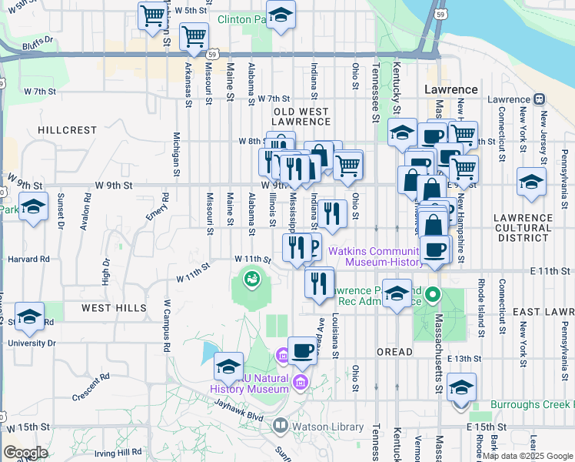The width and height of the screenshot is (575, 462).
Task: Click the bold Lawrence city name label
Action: click(x=451, y=89)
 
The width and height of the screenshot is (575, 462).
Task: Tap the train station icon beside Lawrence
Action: click(x=539, y=99)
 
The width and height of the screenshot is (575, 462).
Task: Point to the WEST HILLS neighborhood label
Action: click(x=115, y=308)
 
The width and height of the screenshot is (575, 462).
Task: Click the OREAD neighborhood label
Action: click(x=395, y=352)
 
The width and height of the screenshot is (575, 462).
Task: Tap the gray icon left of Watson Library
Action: click(x=281, y=425)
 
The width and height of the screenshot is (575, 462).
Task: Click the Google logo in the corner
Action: click(x=25, y=453)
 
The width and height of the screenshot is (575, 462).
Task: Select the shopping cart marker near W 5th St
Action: click(x=152, y=15)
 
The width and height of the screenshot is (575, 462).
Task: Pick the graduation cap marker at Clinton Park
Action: click(x=281, y=15)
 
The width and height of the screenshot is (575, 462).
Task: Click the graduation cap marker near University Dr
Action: click(x=28, y=316)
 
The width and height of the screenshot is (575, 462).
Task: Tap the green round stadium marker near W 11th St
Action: click(x=251, y=278)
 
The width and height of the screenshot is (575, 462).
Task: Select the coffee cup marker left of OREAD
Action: click(x=302, y=350)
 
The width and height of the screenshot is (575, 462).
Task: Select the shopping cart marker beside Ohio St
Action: click(x=348, y=164)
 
